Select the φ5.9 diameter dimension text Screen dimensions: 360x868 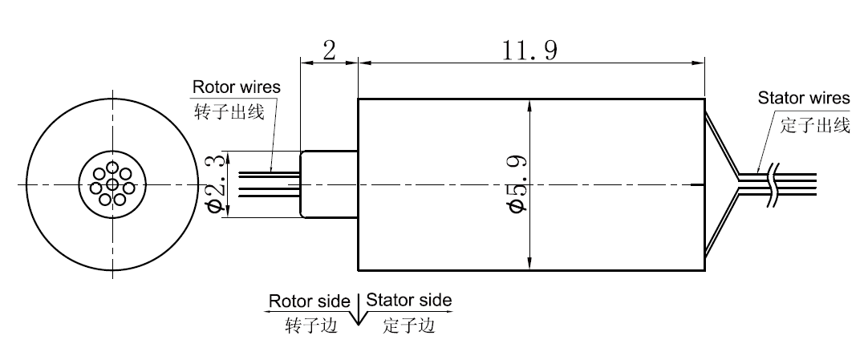518,184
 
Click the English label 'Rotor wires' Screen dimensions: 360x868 236,87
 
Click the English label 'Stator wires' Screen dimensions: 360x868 803,99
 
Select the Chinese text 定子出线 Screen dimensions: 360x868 814,124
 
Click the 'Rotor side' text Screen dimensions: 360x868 309,301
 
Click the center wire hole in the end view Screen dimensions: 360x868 112,185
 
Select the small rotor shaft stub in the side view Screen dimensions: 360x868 328,184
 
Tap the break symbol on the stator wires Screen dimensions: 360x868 773,183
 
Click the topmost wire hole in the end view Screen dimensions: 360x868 112,169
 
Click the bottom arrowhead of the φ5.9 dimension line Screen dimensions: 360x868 530,264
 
